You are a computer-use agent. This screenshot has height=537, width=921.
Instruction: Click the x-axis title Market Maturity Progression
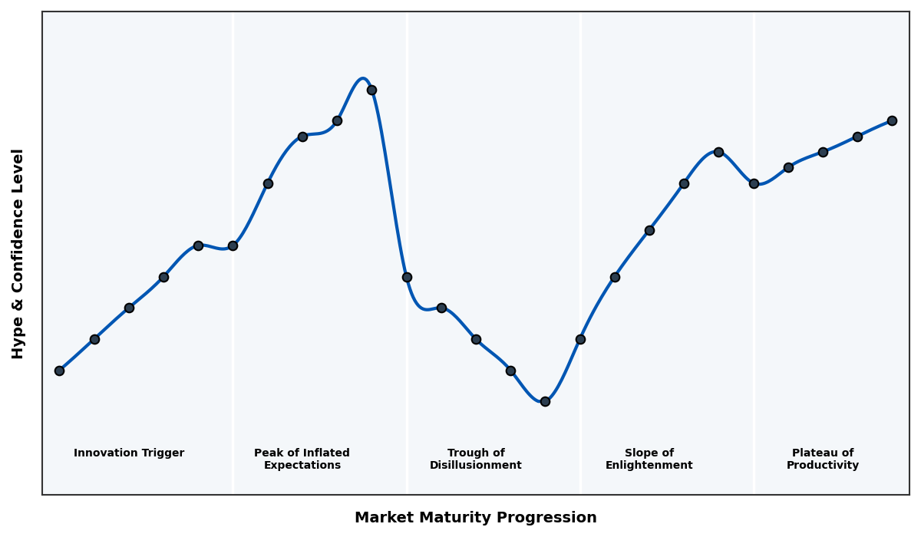click(x=475, y=518)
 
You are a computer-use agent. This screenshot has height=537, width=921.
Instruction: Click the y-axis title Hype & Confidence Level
click(x=18, y=253)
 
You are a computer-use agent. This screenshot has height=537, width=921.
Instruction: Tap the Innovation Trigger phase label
click(x=129, y=453)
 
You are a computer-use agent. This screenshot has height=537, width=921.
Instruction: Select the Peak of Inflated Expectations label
click(x=302, y=459)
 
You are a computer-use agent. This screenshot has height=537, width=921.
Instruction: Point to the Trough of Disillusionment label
click(x=475, y=459)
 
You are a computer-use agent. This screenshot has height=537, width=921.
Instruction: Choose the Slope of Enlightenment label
click(x=649, y=459)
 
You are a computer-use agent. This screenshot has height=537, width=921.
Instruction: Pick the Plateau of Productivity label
click(x=822, y=459)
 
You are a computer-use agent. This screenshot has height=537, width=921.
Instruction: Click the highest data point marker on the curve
click(x=371, y=90)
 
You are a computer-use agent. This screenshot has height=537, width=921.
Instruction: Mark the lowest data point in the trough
click(x=545, y=401)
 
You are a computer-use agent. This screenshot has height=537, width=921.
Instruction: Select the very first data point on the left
click(x=59, y=371)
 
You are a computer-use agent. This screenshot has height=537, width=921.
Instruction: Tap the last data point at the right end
click(x=892, y=120)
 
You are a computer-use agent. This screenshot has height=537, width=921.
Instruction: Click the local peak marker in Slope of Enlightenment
click(x=718, y=152)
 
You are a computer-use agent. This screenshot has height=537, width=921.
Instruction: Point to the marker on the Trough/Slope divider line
click(x=580, y=339)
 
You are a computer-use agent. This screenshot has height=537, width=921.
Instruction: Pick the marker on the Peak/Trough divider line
click(x=407, y=277)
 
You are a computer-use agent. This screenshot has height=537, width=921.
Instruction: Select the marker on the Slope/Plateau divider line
click(x=754, y=183)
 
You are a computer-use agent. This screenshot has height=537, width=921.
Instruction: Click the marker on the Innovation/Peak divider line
click(x=233, y=245)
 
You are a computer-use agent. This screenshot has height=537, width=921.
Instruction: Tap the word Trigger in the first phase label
click(x=162, y=453)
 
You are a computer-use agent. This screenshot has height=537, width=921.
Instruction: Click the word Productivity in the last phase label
click(x=822, y=466)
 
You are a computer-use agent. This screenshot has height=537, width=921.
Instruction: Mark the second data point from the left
click(x=94, y=339)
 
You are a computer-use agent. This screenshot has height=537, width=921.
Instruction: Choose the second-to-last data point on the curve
click(x=857, y=137)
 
